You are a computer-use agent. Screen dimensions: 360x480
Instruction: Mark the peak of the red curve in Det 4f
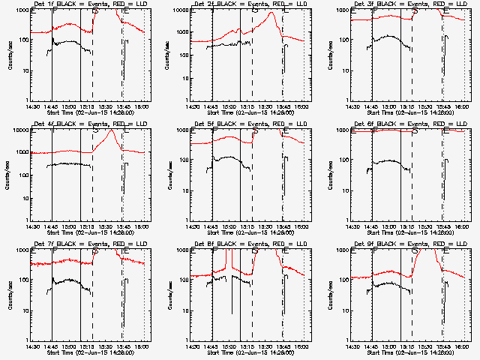coord(111,131)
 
